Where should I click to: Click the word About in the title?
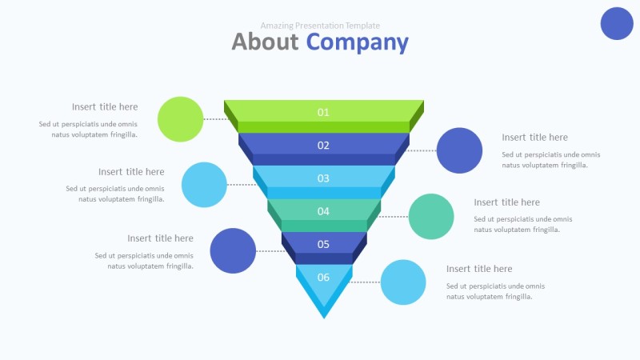[x=265, y=42]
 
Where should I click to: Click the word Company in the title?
[x=358, y=42]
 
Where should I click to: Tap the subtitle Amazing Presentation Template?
[x=320, y=26]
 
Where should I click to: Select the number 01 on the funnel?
[x=323, y=112]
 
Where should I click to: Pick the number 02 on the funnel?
[x=323, y=145]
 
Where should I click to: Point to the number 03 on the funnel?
[x=323, y=178]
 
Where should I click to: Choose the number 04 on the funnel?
[x=323, y=211]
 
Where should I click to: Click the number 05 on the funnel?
[x=323, y=244]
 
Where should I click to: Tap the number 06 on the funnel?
[x=323, y=278]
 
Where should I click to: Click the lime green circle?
[x=181, y=119]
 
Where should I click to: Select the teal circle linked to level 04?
[x=431, y=216]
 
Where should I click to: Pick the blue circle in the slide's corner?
[x=617, y=22]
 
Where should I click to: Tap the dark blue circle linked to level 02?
[x=460, y=150]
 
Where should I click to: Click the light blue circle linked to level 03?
[x=205, y=185]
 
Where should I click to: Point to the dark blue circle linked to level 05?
[x=233, y=250]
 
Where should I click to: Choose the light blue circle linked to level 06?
[x=403, y=282]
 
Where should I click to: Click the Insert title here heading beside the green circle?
[x=105, y=106]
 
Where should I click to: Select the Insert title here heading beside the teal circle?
[x=506, y=202]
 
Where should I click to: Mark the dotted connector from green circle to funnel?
[x=215, y=119]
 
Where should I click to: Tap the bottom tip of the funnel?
[x=324, y=315]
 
